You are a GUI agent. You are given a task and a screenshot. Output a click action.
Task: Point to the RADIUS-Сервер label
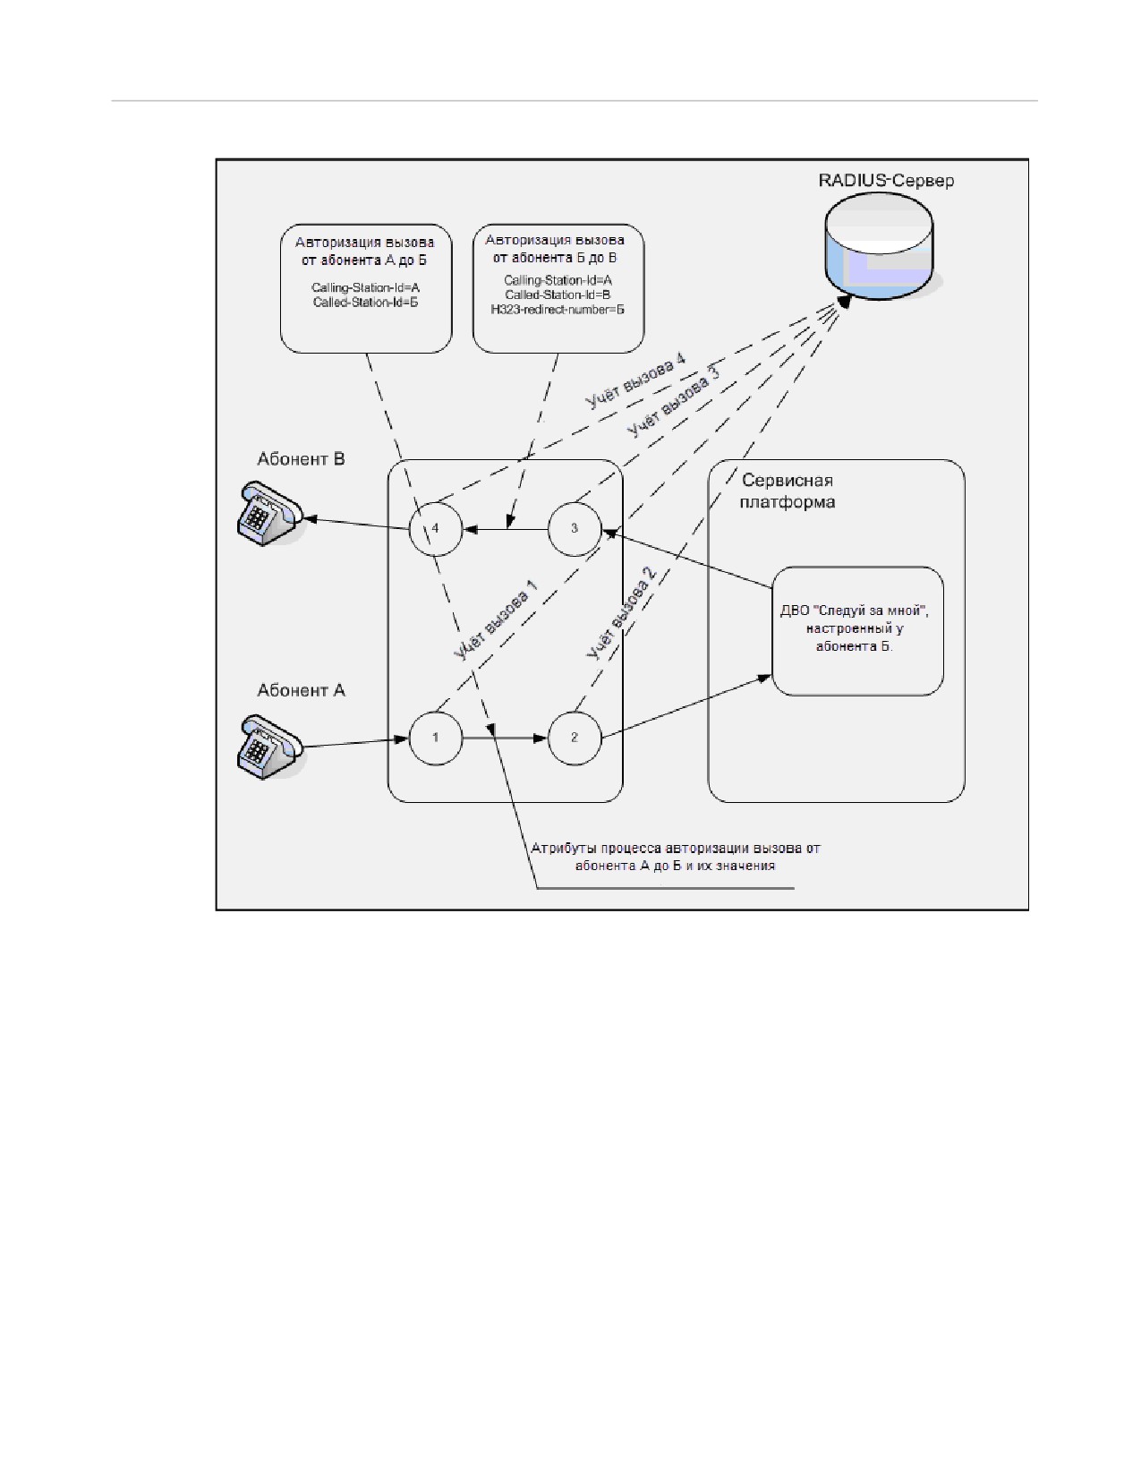(x=885, y=180)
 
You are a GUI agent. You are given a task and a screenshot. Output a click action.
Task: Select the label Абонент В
(x=301, y=459)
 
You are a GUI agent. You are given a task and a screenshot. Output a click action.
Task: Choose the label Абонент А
(x=301, y=690)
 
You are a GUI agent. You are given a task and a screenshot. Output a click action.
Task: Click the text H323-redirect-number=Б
(x=558, y=310)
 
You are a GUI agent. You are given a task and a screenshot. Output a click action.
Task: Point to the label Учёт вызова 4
(x=635, y=381)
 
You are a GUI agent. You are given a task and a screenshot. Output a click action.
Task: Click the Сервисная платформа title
(x=788, y=491)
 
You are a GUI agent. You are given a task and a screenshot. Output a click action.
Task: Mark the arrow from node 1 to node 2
(x=505, y=738)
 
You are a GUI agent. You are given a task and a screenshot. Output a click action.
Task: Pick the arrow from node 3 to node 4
(x=505, y=528)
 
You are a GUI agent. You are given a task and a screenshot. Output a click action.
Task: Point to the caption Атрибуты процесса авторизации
(x=676, y=858)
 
